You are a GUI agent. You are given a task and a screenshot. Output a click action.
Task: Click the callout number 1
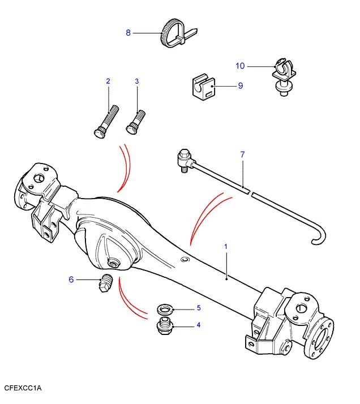[225, 247]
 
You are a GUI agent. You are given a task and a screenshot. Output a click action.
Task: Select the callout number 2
[108, 81]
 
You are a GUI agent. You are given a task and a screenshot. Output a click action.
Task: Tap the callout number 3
[136, 81]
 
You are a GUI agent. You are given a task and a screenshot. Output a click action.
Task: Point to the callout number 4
[199, 325]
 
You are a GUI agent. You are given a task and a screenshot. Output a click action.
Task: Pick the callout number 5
[199, 308]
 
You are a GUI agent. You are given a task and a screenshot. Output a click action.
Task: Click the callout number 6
[71, 279]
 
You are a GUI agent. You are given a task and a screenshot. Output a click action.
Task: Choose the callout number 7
[242, 154]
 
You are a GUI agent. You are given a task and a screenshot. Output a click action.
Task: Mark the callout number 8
[128, 33]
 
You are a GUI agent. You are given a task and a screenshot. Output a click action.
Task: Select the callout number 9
[240, 86]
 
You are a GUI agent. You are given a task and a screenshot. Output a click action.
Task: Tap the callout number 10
[240, 66]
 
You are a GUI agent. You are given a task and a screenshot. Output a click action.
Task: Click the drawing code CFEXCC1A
[23, 388]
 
